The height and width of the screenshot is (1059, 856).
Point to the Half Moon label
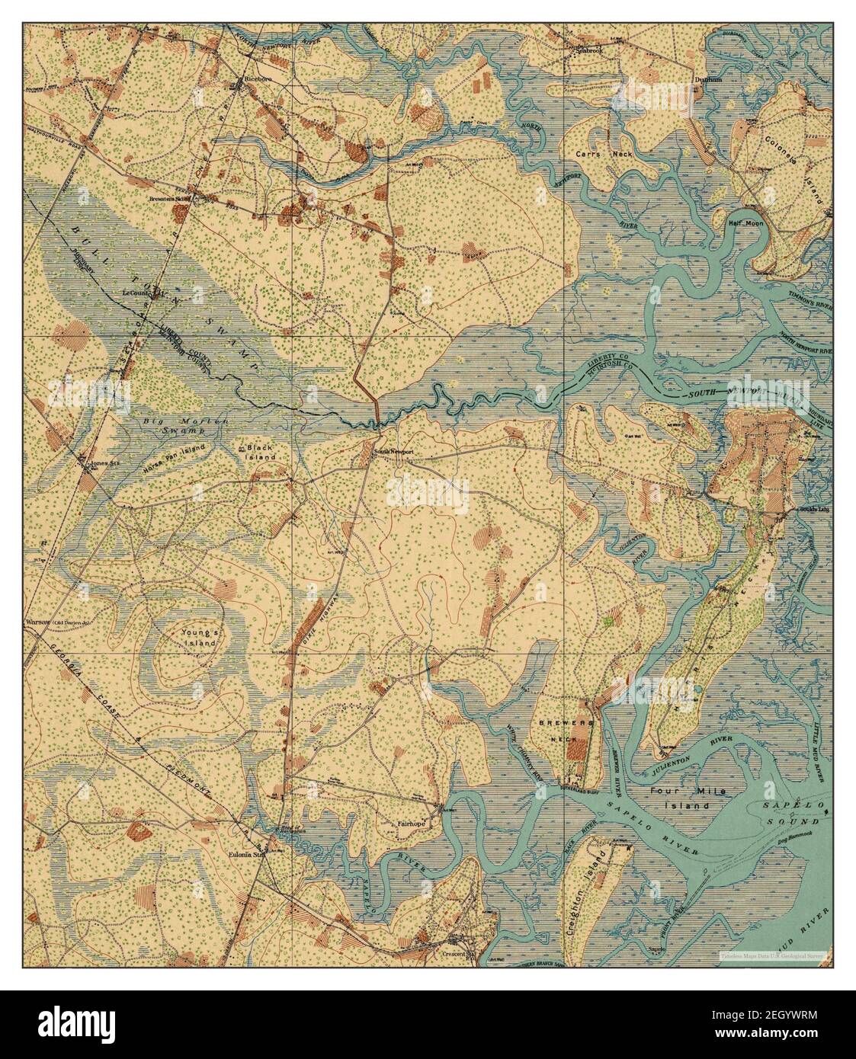tap(745, 223)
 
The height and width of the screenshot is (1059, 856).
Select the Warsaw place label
tap(37, 622)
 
